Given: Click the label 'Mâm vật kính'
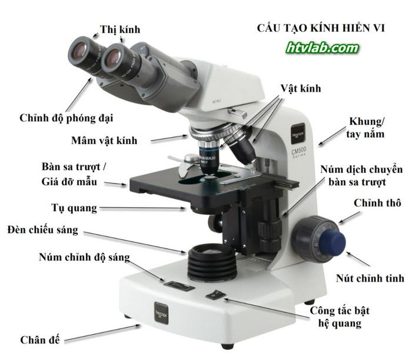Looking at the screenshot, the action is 104,141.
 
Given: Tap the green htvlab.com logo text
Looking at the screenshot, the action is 323,48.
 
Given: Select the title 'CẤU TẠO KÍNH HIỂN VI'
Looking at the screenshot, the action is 321,28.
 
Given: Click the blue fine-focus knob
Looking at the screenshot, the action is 333,241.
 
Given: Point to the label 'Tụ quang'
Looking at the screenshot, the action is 74,208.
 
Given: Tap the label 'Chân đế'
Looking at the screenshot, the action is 40,340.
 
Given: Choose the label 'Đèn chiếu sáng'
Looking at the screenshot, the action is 43,230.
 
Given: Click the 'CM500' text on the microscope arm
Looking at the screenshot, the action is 299,151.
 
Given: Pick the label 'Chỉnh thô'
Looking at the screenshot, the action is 377,203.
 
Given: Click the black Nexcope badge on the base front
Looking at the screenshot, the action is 161,314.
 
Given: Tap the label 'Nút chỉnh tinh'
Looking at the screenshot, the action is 370,278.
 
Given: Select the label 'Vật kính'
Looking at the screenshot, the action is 301,88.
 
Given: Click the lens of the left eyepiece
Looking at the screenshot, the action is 79,51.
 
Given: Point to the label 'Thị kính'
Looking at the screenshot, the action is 120,29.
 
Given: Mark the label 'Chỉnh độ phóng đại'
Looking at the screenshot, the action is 66,118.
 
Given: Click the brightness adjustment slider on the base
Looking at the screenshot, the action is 179,285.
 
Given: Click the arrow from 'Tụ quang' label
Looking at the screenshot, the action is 142,208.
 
